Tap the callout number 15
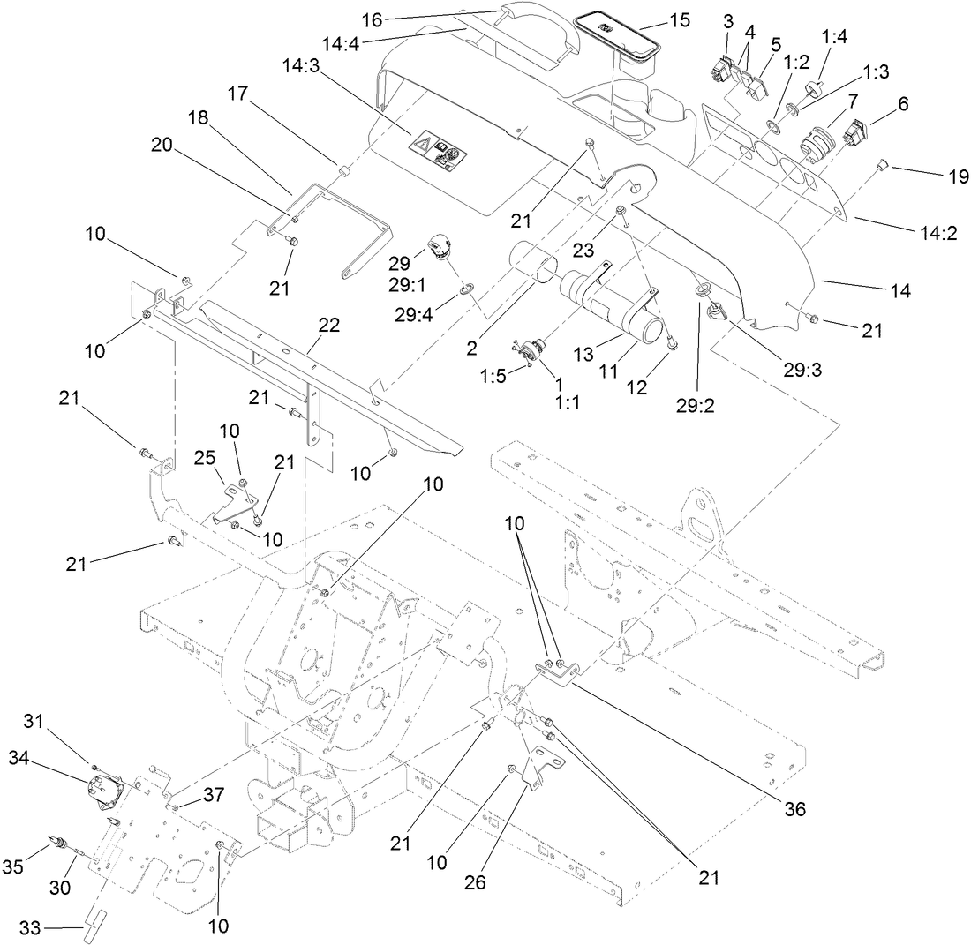(679, 19)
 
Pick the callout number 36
(794, 809)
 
